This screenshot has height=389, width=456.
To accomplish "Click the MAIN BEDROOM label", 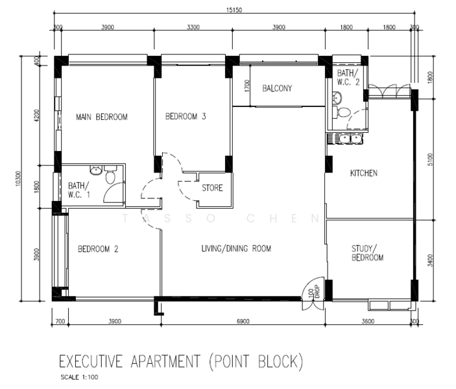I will pos(101,117).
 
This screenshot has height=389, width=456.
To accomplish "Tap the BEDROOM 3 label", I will pos(186,117).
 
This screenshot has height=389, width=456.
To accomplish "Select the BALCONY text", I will pos(277,89).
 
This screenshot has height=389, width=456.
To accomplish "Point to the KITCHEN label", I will pos(364,173).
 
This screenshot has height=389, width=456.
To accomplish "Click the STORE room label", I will pos(212,189).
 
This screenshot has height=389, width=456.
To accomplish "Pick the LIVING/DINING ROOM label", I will pos(236,248).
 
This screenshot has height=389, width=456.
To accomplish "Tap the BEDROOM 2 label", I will pos(98,249).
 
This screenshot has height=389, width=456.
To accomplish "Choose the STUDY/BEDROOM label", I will pos(368,252).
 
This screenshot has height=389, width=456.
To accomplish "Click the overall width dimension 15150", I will pos(235,10).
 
